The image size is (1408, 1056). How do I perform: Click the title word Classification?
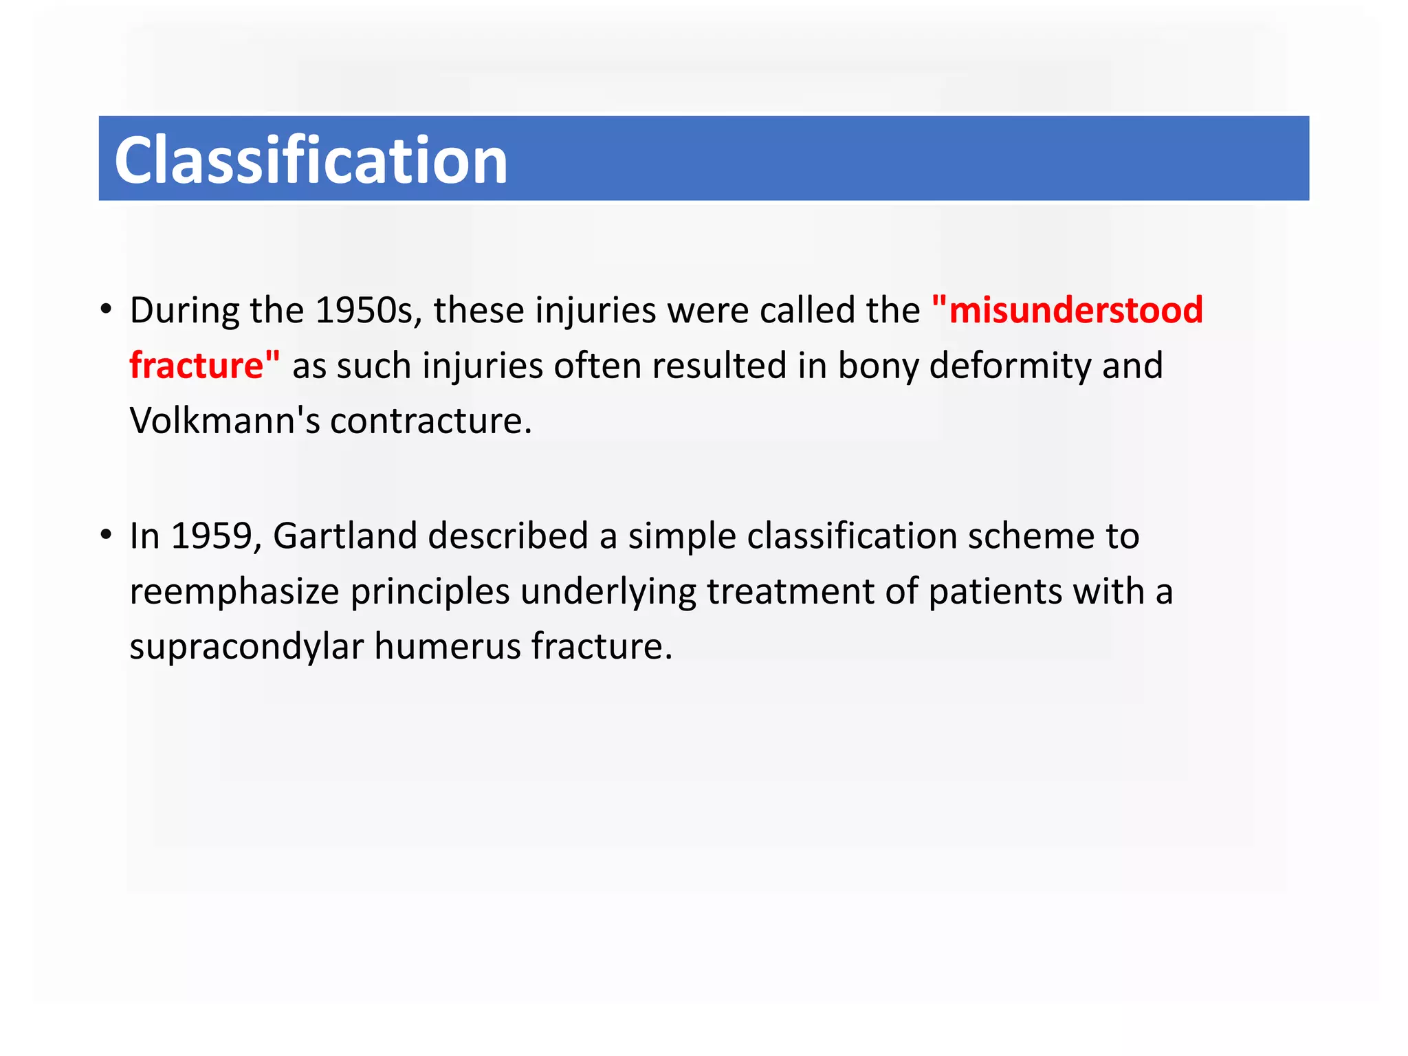click(x=311, y=160)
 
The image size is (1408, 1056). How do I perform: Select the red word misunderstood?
click(x=1075, y=310)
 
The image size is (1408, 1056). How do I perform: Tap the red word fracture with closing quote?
click(x=204, y=365)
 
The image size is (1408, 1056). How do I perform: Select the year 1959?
click(x=212, y=536)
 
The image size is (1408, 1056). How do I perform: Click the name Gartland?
click(x=344, y=536)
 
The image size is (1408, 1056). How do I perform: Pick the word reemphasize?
click(x=234, y=591)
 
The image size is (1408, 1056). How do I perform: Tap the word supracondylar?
click(x=246, y=647)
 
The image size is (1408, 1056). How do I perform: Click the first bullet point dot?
click(x=105, y=310)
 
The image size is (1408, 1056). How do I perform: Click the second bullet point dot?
click(x=105, y=536)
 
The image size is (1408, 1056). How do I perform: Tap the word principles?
click(x=430, y=591)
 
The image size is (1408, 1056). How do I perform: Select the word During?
click(x=184, y=310)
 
